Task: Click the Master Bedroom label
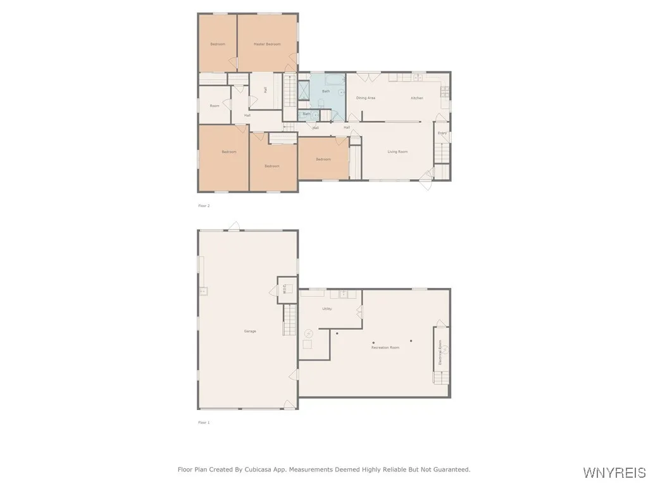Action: click(x=267, y=44)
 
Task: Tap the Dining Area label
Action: click(x=366, y=98)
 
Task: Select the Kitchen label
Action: click(x=416, y=98)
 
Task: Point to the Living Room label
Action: click(x=398, y=152)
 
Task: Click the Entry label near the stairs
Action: click(x=442, y=133)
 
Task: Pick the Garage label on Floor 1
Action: click(x=250, y=331)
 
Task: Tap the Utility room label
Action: click(x=327, y=309)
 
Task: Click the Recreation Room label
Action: click(x=385, y=347)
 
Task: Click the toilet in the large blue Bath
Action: click(x=321, y=103)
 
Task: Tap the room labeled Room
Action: click(x=215, y=106)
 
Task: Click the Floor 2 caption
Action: click(x=204, y=206)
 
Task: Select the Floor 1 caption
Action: click(x=204, y=422)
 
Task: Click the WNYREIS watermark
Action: click(x=614, y=473)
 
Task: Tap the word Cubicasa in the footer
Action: click(x=285, y=470)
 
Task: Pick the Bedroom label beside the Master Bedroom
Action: click(x=218, y=44)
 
